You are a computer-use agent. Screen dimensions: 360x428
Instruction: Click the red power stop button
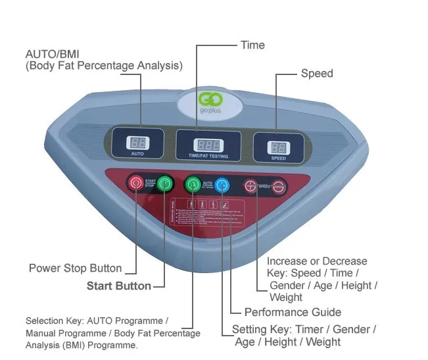(x=136, y=182)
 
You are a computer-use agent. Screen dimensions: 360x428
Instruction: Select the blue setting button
(x=222, y=186)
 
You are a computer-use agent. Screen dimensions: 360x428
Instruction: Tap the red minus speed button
(x=279, y=187)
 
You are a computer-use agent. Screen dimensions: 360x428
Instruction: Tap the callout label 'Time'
(x=252, y=45)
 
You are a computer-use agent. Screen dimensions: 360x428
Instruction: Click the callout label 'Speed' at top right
(x=317, y=73)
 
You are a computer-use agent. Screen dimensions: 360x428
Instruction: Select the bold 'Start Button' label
(x=119, y=286)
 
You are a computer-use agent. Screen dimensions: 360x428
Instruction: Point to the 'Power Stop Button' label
(x=75, y=269)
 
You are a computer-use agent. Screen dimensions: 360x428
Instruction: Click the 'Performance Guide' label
(x=293, y=312)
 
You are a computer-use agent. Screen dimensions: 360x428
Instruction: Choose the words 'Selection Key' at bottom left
(x=50, y=321)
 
